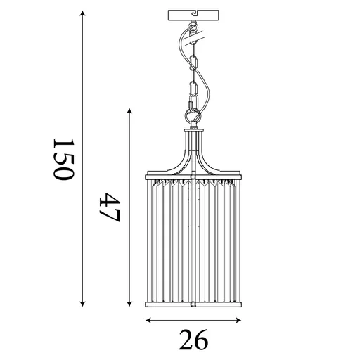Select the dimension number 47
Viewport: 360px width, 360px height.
[x=110, y=207]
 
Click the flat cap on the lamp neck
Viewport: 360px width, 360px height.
[x=194, y=129]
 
